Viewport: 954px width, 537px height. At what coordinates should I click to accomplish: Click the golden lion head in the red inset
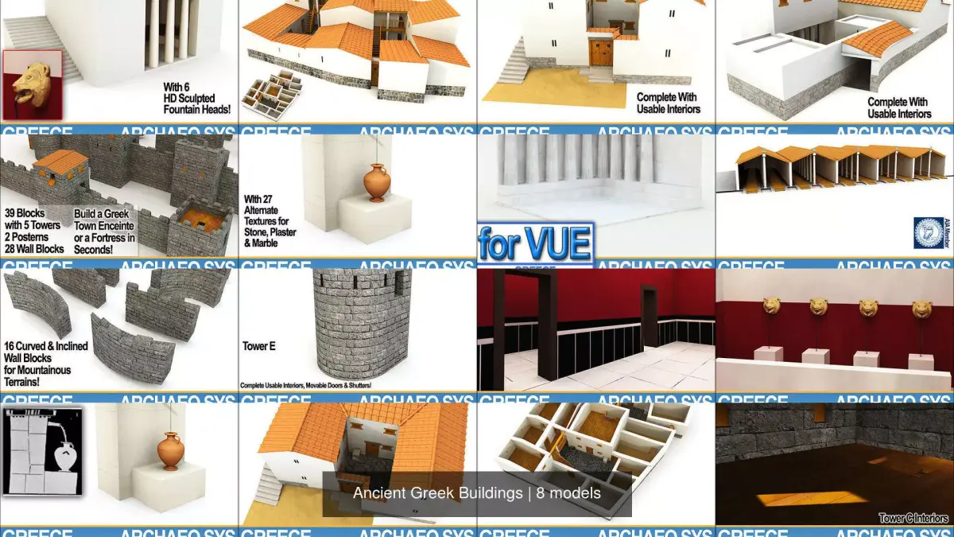pos(32,84)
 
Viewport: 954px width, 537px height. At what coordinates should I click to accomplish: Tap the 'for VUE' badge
pos(535,244)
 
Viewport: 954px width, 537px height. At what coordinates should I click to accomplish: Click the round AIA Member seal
pos(928,232)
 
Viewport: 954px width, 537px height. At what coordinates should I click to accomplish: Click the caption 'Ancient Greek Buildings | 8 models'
pos(477,493)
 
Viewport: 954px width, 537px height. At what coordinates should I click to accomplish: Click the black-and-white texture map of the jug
pos(43,452)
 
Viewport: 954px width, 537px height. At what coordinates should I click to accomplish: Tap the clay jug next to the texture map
pos(170,451)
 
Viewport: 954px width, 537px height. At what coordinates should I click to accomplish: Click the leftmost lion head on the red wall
pos(772,307)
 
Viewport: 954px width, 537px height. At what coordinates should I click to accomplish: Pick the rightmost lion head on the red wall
pos(921,309)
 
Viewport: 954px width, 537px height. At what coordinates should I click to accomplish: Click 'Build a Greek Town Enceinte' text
pos(105,232)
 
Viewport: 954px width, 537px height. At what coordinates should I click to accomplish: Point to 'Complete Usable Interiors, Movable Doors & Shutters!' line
pos(306,386)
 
